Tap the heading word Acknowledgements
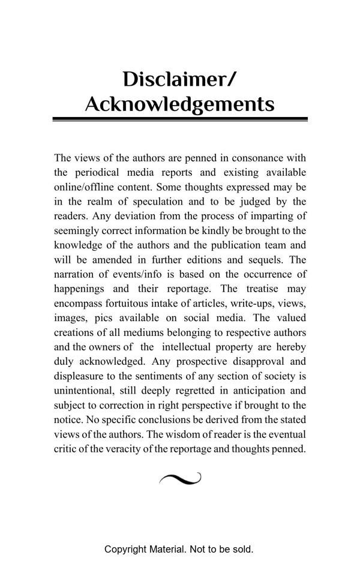[180, 104]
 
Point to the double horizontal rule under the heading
[180, 119]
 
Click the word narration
[75, 274]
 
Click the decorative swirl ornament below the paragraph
[180, 478]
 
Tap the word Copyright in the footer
[125, 549]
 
